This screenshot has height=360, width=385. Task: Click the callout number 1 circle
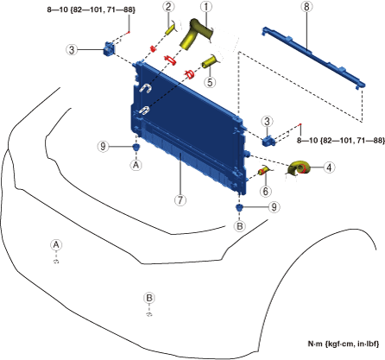[x=205, y=7]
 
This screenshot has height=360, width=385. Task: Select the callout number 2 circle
[x=168, y=7]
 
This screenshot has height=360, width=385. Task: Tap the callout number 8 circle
[x=306, y=7]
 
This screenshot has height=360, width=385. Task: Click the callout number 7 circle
[x=180, y=199]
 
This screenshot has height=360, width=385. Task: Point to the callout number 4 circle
[x=329, y=167]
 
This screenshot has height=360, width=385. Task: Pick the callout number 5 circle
[x=210, y=82]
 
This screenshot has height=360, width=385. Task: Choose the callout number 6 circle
[x=265, y=191]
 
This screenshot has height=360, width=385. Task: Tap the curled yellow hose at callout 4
[x=300, y=167]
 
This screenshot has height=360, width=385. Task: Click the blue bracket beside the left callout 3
[x=109, y=49]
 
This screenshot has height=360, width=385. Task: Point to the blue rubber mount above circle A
[x=136, y=147]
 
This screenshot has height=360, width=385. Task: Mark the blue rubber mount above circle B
[x=239, y=207]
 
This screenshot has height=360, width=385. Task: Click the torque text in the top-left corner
[x=91, y=9]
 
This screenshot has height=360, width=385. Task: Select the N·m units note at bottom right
[x=344, y=344]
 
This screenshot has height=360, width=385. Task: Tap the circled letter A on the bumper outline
[x=56, y=245]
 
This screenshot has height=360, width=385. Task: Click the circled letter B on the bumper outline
[x=149, y=298]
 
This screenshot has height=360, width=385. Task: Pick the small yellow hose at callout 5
[x=211, y=61]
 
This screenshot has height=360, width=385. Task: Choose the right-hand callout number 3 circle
[x=267, y=121]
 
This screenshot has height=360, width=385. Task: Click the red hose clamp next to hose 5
[x=190, y=74]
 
